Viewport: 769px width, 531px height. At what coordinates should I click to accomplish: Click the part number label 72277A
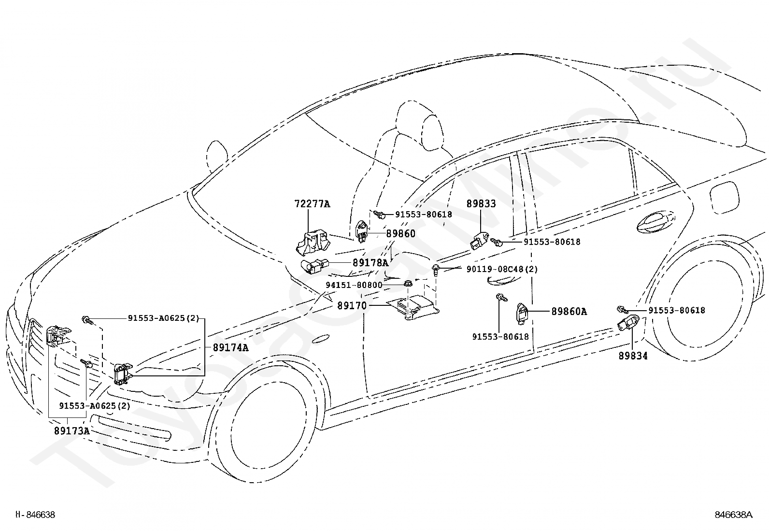point(312,204)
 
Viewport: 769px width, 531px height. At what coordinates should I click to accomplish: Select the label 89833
point(481,204)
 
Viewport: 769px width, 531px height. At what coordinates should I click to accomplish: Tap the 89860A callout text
point(569,312)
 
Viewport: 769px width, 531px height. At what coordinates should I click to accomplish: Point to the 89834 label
point(633,356)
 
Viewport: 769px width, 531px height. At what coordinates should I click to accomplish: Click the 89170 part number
point(352,305)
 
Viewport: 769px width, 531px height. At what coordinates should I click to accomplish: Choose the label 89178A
point(370,263)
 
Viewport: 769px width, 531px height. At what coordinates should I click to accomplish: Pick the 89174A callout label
point(231,347)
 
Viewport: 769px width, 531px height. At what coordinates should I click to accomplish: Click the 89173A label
point(72,431)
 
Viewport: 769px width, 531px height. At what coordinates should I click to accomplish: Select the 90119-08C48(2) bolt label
point(502,269)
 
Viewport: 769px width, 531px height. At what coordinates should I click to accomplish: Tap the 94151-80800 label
point(354,285)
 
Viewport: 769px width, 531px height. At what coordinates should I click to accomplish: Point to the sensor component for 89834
point(628,323)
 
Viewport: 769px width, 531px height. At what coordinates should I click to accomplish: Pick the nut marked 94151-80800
point(408,284)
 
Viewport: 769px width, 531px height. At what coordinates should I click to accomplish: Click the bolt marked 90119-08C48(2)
point(436,270)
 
